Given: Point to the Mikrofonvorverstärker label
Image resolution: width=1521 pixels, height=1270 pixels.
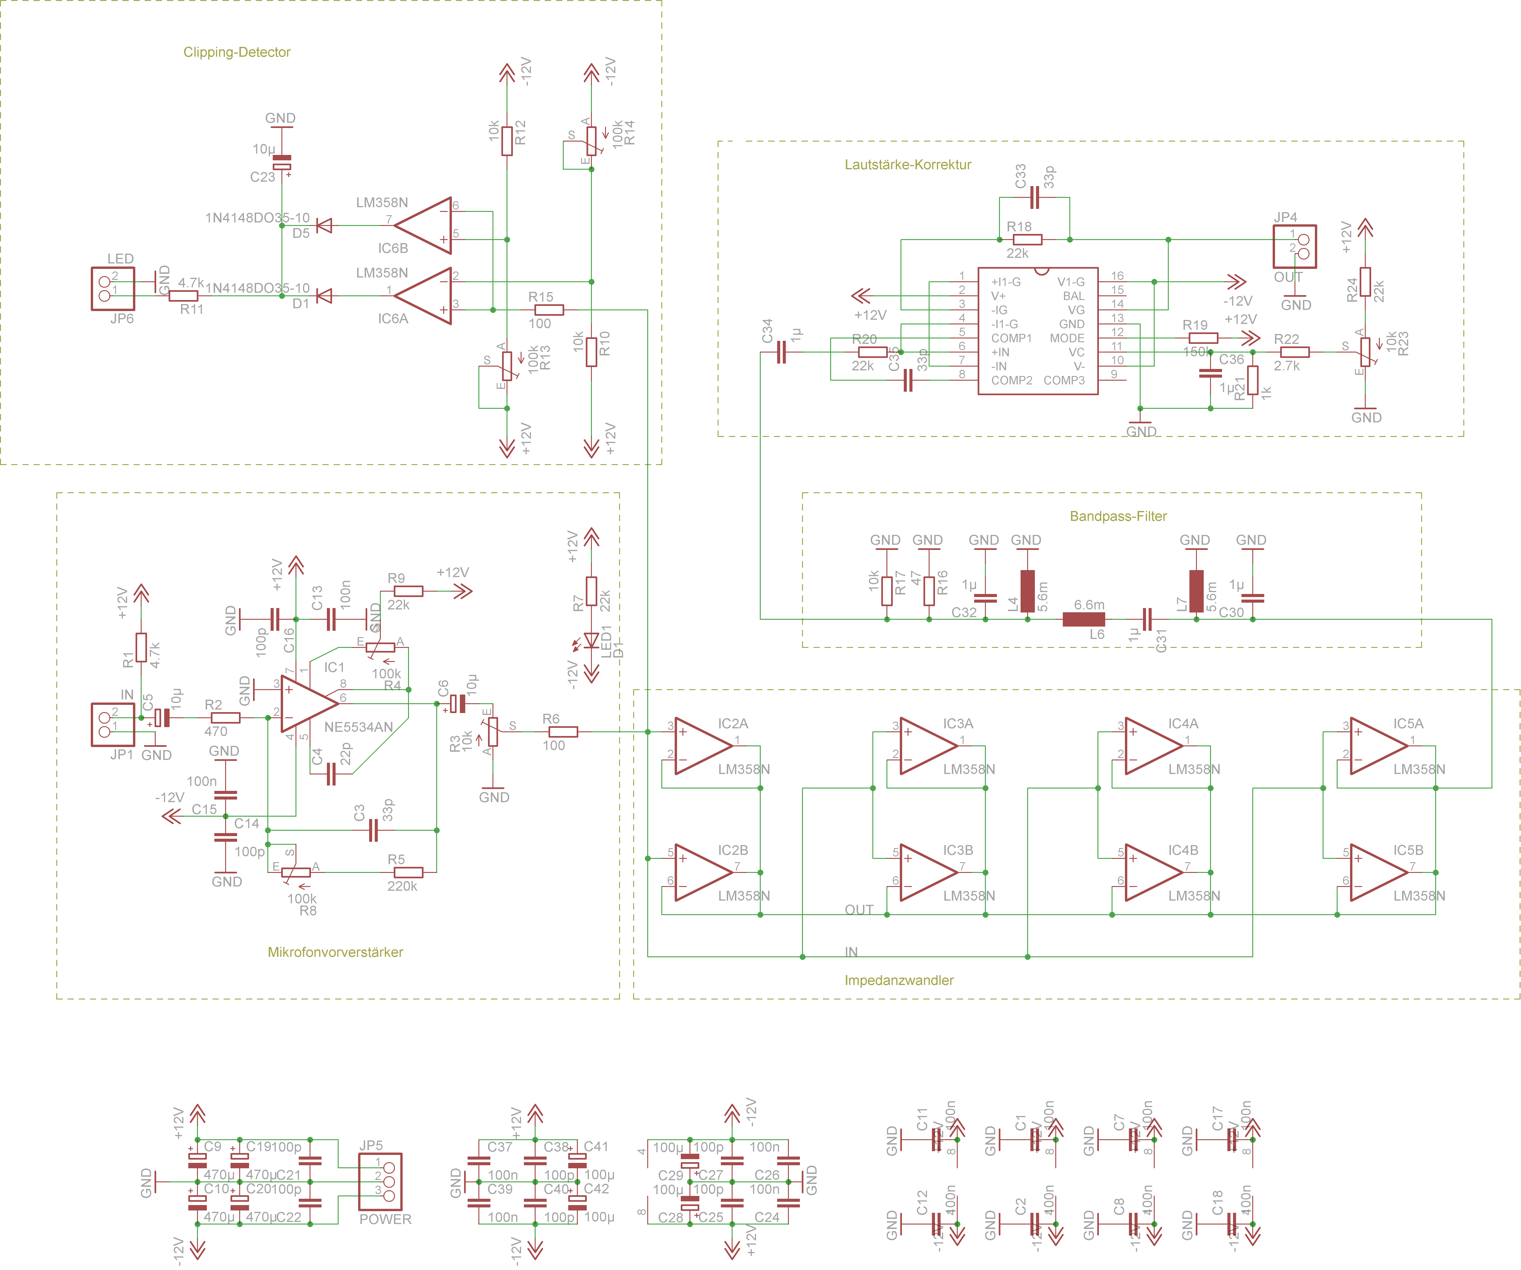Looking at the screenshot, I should tap(335, 952).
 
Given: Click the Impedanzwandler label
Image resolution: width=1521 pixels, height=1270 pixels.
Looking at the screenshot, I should tap(899, 980).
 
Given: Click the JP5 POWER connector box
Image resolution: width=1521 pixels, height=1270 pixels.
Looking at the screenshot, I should tap(380, 1182).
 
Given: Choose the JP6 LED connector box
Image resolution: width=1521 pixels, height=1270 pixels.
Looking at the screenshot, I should tap(112, 288).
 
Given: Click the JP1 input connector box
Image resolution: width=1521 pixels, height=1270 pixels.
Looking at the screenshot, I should tap(112, 724).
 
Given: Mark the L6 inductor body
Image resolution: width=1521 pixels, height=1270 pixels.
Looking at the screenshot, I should tap(1084, 619).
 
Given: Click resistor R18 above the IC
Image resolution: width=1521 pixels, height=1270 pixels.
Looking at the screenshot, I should tap(1027, 240).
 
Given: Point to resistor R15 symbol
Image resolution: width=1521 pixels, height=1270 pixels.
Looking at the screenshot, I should tap(549, 310).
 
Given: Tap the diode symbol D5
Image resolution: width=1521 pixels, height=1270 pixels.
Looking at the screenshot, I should tap(325, 226).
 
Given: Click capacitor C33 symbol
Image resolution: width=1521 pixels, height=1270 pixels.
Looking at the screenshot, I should tap(1034, 198).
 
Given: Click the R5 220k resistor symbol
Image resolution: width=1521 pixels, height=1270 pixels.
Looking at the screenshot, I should tap(409, 872).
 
